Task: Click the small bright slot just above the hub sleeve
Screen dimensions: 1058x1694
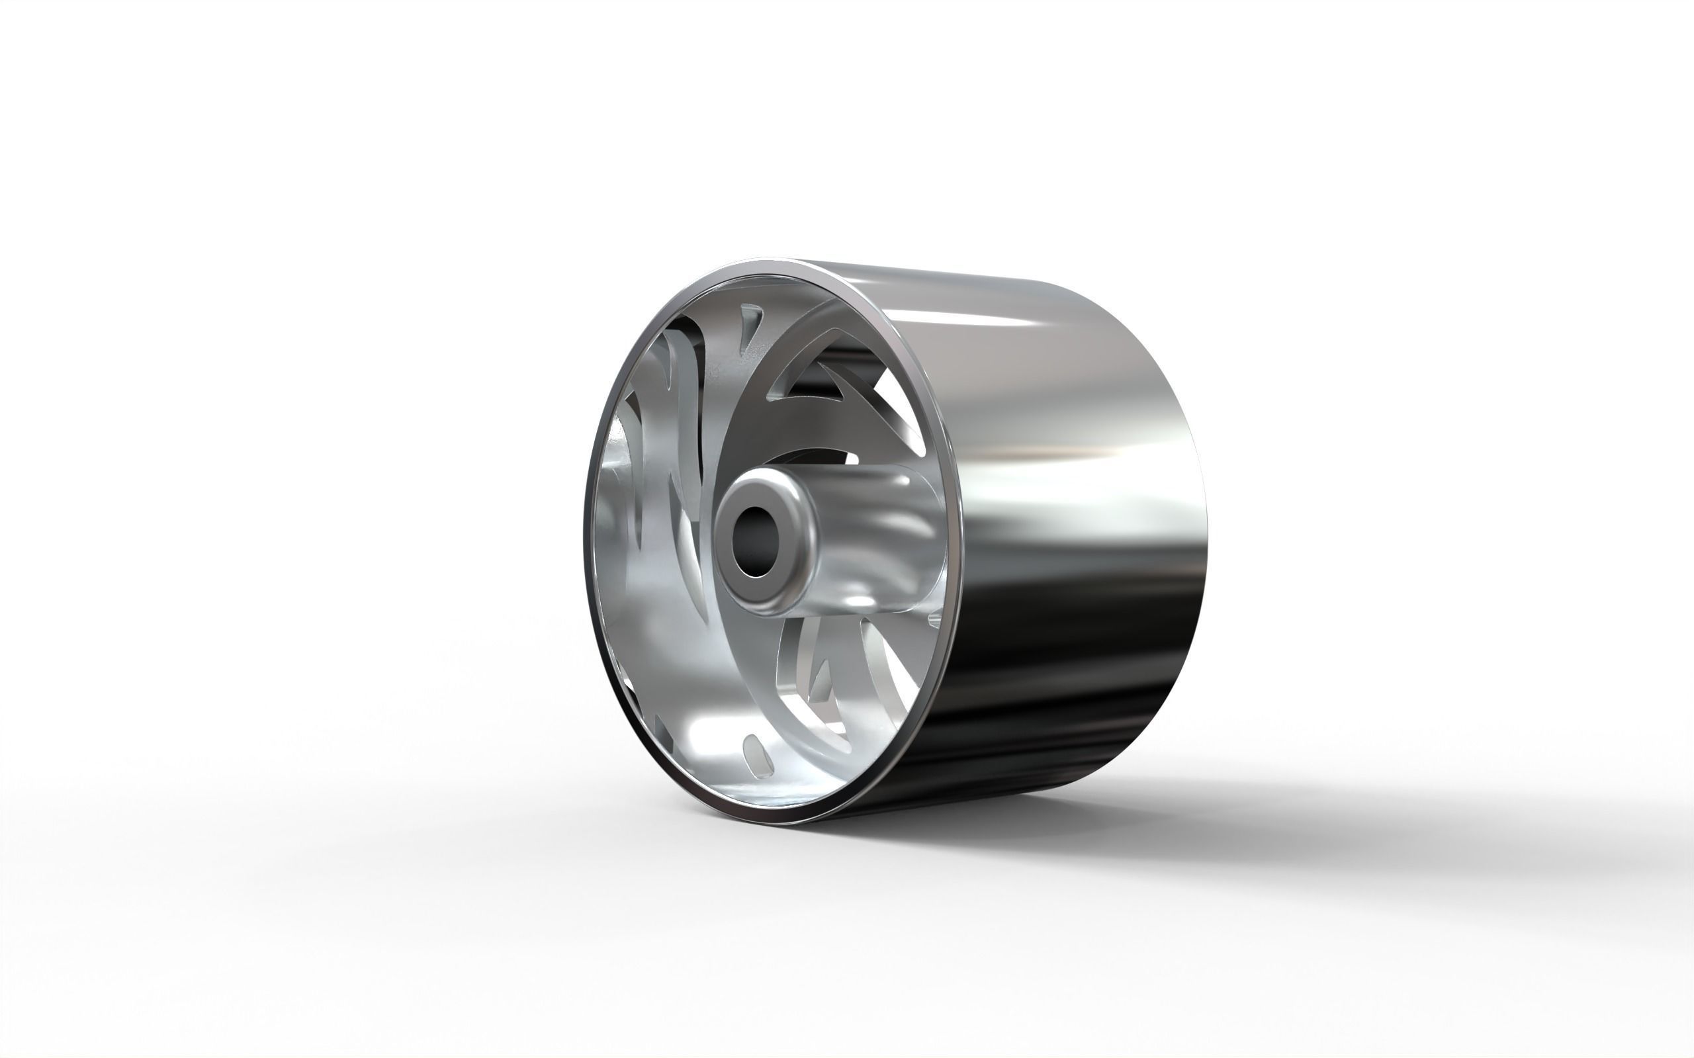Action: pyautogui.click(x=851, y=459)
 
